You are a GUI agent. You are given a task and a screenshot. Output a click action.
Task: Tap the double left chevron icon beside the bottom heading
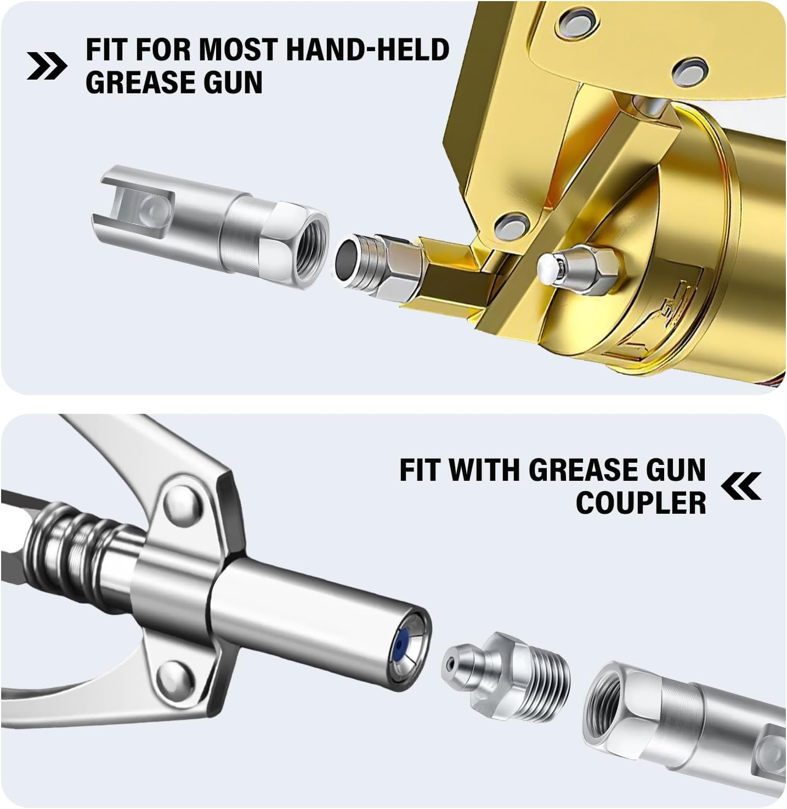point(741,486)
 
